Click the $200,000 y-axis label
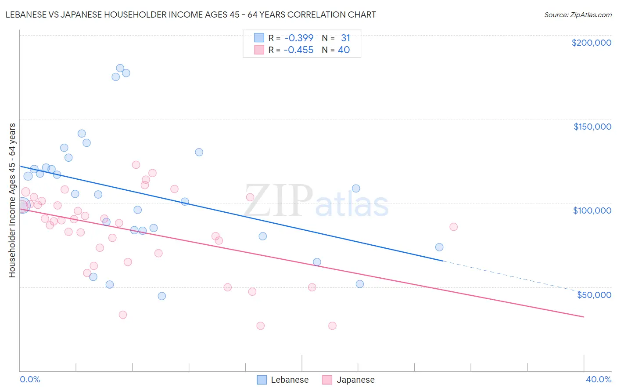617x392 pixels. pyautogui.click(x=591, y=43)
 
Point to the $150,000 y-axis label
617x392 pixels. pyautogui.click(x=592, y=127)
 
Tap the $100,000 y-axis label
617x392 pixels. pyautogui.click(x=592, y=211)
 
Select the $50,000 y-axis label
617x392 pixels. pyautogui.click(x=594, y=295)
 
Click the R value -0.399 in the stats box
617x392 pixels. pyautogui.click(x=298, y=38)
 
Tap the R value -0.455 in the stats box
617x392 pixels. pyautogui.click(x=298, y=50)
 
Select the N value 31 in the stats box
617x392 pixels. pyautogui.click(x=345, y=38)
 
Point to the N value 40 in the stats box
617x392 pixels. pyautogui.click(x=344, y=50)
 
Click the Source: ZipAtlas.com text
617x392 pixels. pyautogui.click(x=578, y=15)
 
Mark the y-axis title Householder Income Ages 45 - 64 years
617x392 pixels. pyautogui.click(x=12, y=200)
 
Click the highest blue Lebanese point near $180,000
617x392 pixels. pyautogui.click(x=120, y=68)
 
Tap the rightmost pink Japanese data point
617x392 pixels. pyautogui.click(x=453, y=227)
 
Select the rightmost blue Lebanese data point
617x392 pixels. pyautogui.click(x=439, y=247)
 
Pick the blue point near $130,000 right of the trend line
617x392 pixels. pyautogui.click(x=199, y=152)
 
